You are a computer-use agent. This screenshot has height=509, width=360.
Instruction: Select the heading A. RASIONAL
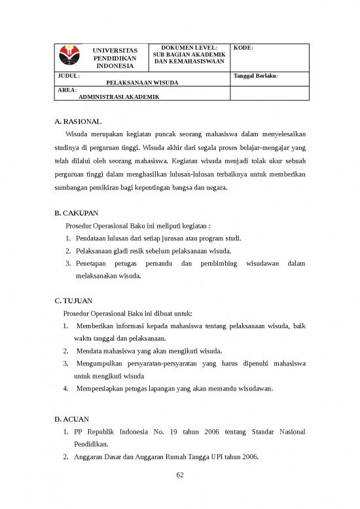(78, 122)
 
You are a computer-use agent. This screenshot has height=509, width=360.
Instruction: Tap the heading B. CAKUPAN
(77, 214)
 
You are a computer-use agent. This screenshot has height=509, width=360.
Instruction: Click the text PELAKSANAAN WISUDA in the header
(143, 83)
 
